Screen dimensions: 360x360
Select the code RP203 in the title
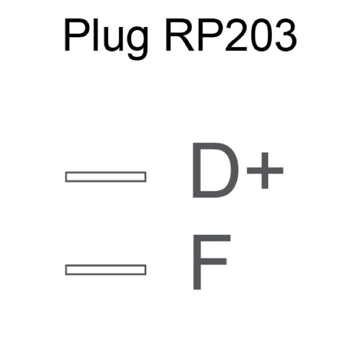(x=231, y=35)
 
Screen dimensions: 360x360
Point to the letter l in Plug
(x=96, y=35)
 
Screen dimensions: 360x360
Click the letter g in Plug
(x=137, y=43)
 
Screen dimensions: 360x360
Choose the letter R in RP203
(x=180, y=35)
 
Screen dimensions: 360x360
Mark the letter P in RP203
(x=211, y=35)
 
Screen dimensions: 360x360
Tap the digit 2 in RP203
(x=236, y=35)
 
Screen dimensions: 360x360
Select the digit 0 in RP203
(x=261, y=35)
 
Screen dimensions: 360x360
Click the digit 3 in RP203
(x=286, y=35)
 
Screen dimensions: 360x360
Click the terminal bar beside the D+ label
(x=106, y=176)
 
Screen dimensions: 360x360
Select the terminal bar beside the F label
(x=106, y=270)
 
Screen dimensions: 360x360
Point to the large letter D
(x=216, y=170)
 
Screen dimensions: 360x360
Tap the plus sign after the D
(x=265, y=171)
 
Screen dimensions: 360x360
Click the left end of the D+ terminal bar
(x=65, y=176)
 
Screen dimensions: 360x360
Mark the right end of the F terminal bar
(x=146, y=270)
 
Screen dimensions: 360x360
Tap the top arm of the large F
(x=212, y=238)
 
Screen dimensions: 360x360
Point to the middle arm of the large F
(x=213, y=261)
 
